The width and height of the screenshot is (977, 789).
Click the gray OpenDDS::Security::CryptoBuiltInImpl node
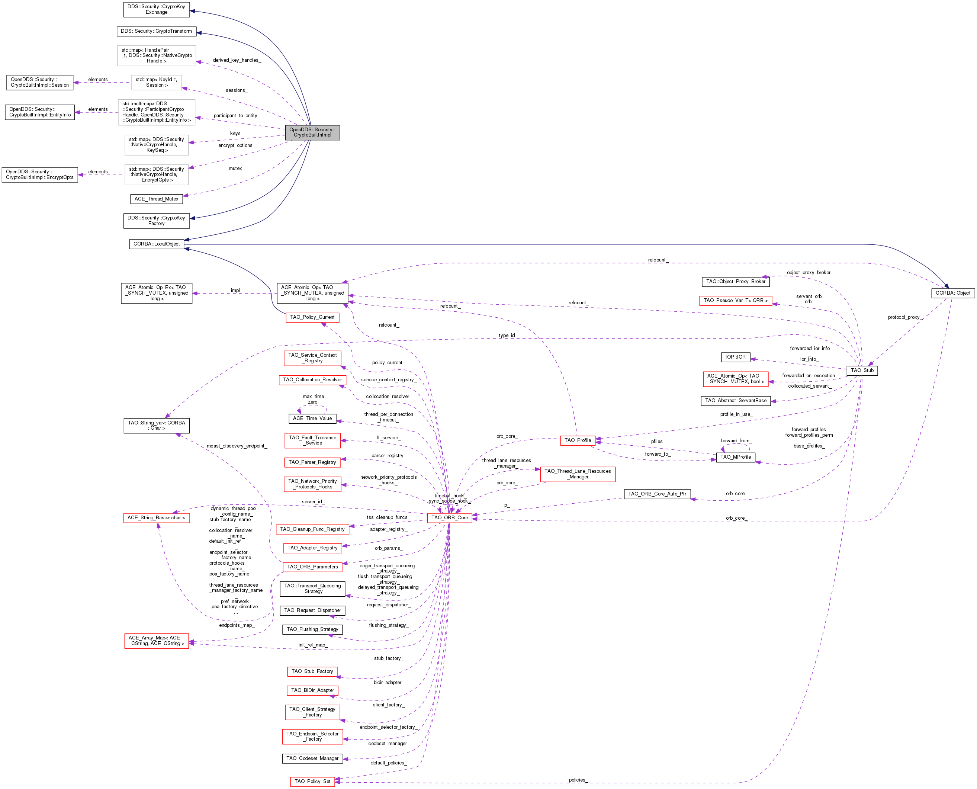(312, 132)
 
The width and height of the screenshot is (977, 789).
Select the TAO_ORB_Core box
(449, 518)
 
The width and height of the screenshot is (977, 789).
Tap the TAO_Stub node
(862, 371)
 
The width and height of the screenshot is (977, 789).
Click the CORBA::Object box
(952, 293)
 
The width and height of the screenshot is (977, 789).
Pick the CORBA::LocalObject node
(156, 244)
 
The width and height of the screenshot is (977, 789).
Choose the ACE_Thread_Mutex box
(156, 199)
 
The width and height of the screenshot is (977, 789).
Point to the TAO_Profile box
(577, 440)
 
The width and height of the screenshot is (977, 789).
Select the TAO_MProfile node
(735, 457)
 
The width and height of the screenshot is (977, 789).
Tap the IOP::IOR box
(735, 357)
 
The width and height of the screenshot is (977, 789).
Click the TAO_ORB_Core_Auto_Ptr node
(657, 494)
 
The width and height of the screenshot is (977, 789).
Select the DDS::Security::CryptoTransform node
(156, 31)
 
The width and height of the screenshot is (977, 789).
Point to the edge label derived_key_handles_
(237, 60)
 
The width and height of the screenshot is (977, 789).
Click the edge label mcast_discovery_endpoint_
(237, 446)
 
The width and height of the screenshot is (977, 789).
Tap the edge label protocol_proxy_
(905, 317)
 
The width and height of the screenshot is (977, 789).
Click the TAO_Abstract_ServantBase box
(735, 401)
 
